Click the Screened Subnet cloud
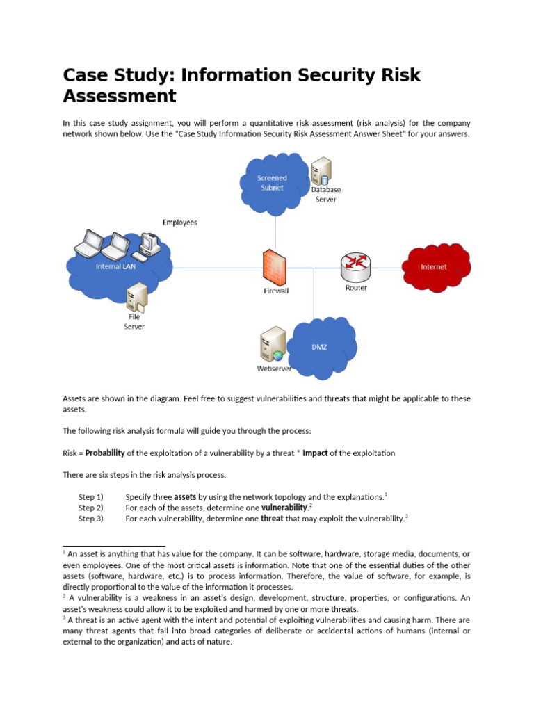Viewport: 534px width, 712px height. pyautogui.click(x=274, y=182)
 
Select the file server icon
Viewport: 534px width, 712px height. pyautogui.click(x=136, y=297)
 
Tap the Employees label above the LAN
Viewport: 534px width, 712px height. pyautogui.click(x=180, y=222)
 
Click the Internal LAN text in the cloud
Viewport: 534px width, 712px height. pyautogui.click(x=116, y=267)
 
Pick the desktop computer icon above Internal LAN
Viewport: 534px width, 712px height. pyautogui.click(x=148, y=243)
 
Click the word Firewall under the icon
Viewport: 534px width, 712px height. pyautogui.click(x=276, y=291)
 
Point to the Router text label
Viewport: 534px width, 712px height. pyautogui.click(x=356, y=288)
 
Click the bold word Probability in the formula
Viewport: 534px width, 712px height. pyautogui.click(x=105, y=453)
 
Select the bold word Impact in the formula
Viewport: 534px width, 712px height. pyautogui.click(x=315, y=453)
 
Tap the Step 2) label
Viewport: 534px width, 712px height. pyautogui.click(x=90, y=508)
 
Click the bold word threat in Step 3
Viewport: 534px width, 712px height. pyautogui.click(x=272, y=519)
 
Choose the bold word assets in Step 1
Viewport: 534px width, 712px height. pyautogui.click(x=184, y=497)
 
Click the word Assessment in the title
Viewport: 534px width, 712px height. pyautogui.click(x=120, y=95)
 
